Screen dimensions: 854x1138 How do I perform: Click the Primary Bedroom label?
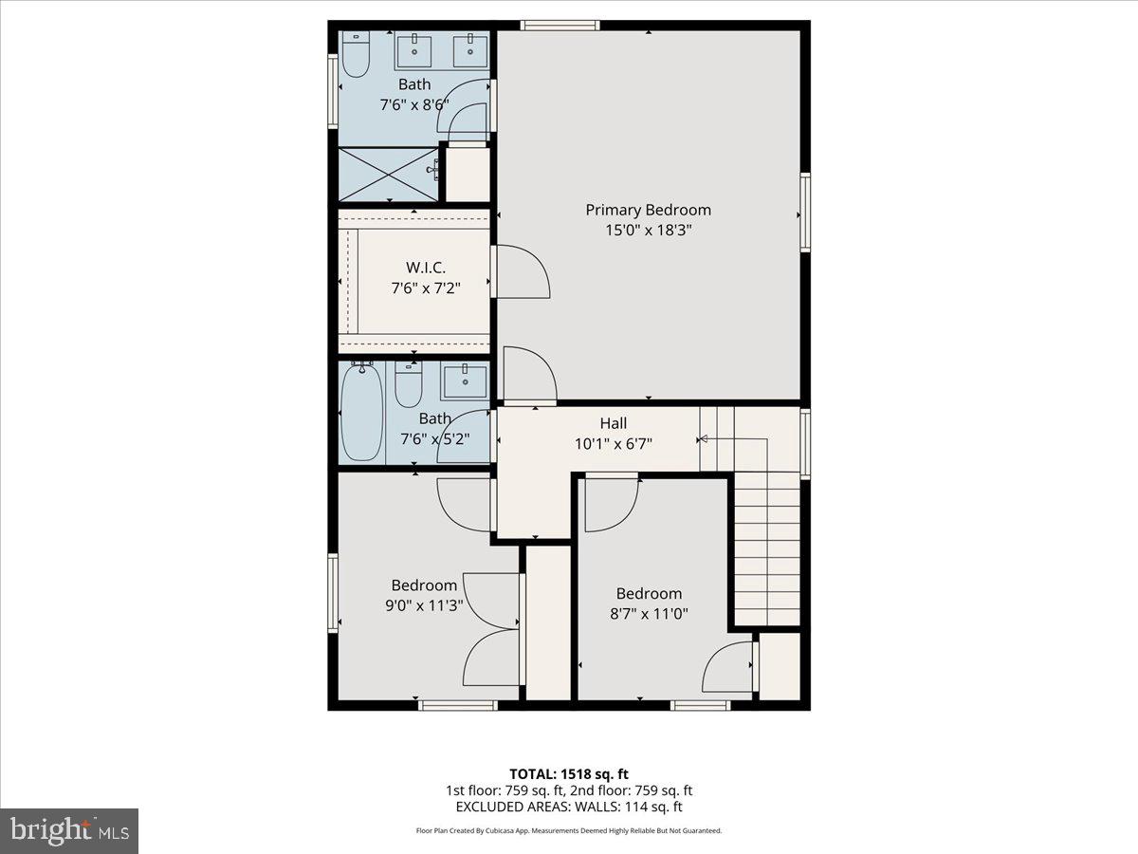648,210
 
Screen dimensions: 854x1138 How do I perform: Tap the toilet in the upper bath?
356,55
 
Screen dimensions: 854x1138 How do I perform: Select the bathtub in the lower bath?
361,415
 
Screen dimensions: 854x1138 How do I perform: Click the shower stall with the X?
389,174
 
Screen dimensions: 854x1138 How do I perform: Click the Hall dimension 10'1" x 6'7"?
614,443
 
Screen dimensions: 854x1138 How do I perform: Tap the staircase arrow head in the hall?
703,439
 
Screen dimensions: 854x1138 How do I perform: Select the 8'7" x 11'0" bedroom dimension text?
649,614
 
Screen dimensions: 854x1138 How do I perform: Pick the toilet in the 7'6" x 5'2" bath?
409,387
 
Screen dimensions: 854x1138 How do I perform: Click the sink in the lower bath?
464,382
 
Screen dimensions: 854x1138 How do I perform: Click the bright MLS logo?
69,830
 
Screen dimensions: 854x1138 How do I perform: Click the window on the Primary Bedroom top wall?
560,26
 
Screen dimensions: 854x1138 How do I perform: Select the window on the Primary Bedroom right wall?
805,213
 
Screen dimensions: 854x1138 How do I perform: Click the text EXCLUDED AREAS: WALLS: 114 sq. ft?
569,808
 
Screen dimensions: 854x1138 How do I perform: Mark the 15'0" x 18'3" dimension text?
648,230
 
